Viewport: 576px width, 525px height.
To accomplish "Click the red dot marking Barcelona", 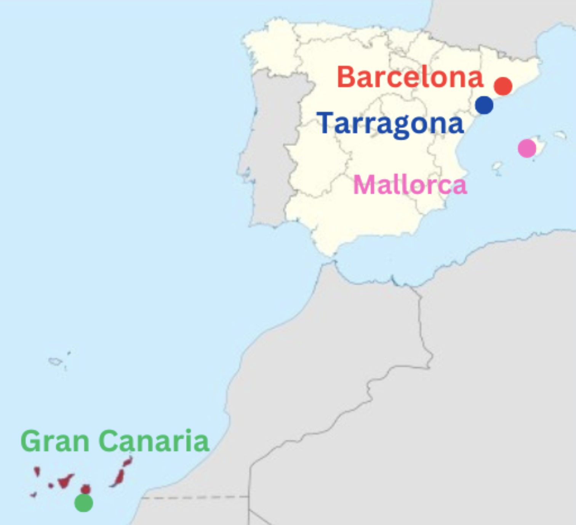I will point(503,86).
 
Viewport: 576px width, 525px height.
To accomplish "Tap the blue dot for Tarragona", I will point(484,105).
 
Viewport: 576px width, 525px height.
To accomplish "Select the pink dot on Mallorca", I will point(527,148).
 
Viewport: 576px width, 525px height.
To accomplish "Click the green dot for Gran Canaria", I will point(83,503).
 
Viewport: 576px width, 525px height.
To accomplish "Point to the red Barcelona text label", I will point(410,77).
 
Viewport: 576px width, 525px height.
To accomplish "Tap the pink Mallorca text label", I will point(410,185).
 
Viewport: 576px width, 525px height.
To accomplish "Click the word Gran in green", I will point(55,441).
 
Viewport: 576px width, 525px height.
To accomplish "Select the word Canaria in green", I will point(154,441).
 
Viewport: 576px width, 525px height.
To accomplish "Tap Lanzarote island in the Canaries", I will point(127,462).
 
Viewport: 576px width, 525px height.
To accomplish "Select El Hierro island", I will point(34,495).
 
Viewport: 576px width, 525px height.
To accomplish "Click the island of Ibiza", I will point(497,166).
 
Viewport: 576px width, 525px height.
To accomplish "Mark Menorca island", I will point(560,134).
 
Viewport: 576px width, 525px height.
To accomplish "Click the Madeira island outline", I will point(55,361).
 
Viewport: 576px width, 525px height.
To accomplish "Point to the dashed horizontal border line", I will point(194,497).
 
